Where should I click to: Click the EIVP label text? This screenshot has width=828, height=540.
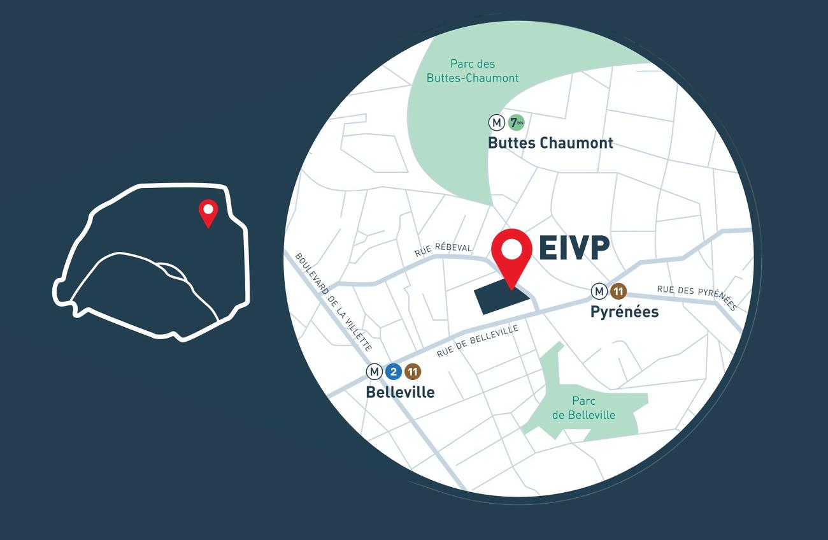pos(573,249)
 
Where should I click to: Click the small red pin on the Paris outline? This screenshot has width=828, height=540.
pos(208,212)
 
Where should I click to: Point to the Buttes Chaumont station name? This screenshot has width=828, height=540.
pos(550,143)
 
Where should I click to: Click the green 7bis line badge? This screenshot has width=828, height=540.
pos(516,122)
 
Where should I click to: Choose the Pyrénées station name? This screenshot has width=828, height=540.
pos(624,312)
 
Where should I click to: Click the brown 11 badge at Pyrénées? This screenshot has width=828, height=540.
pos(618,291)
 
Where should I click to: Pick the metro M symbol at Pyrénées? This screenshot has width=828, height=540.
pos(599,291)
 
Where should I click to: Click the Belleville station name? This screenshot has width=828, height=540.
pos(400,392)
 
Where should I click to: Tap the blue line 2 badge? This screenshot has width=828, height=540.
pos(394,371)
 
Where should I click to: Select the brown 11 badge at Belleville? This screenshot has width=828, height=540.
pos(413,371)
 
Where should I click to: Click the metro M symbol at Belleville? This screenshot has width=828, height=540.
pos(374,371)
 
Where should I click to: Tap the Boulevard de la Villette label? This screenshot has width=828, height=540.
pos(333,301)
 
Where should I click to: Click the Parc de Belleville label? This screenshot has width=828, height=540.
pos(583,408)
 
